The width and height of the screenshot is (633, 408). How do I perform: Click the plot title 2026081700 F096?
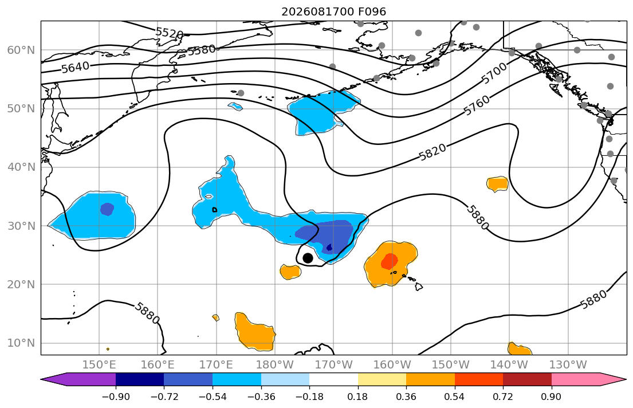coord(333,11)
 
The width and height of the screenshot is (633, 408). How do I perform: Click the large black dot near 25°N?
coord(308,258)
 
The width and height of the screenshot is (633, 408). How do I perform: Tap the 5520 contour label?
coord(170,33)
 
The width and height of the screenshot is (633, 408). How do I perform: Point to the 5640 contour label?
coord(76,67)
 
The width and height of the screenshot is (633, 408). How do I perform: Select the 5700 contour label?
coord(494,73)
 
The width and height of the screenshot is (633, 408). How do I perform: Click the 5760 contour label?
coord(477,105)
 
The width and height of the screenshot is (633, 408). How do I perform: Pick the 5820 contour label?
coord(433,152)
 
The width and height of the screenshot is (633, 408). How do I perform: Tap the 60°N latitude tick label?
coord(21,50)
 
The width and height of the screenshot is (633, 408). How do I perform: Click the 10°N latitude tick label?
coord(21,343)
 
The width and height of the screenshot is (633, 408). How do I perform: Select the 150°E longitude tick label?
coord(99,365)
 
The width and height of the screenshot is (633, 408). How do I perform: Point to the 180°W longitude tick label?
coord(275,365)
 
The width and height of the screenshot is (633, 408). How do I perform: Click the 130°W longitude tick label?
coord(568,365)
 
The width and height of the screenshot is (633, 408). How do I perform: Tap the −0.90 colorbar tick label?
coord(116,397)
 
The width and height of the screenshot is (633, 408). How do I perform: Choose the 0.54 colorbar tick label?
coord(455,397)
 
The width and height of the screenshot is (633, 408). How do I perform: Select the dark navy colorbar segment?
coord(140,379)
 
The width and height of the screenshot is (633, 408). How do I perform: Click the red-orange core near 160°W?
coord(390,261)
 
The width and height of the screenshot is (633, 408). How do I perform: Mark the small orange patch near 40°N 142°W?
coord(497,184)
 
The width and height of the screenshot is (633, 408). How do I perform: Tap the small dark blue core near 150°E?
coord(107,209)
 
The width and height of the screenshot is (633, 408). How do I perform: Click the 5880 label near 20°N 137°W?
coord(593,299)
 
